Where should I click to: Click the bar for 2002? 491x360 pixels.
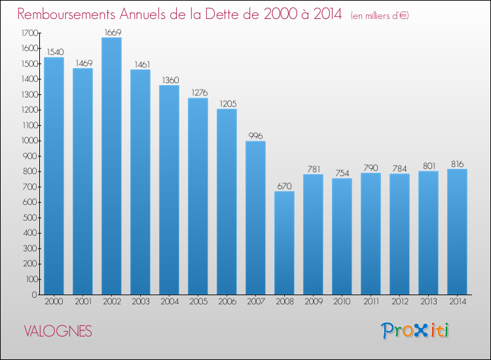(111, 166)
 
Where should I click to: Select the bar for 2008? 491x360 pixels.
(284, 243)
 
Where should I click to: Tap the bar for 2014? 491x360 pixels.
(457, 232)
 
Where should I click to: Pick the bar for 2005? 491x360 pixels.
(198, 196)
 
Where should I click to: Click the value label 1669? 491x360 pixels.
(113, 33)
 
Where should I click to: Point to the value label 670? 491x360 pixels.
(284, 187)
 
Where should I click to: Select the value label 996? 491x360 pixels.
(255, 136)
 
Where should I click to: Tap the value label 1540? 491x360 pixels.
(55, 52)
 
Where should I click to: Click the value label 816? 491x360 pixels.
(457, 164)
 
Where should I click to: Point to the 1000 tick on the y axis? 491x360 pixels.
(29, 141)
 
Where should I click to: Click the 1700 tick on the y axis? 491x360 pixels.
(29, 33)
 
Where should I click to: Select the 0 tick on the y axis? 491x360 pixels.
(35, 295)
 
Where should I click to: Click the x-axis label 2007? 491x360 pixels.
(256, 302)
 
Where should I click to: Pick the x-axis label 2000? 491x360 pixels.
(54, 302)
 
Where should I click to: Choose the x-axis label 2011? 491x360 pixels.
(371, 302)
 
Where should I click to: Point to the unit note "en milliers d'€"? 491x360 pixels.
(380, 16)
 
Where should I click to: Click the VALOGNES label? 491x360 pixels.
(58, 331)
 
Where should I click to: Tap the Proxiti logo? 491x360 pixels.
(415, 331)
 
